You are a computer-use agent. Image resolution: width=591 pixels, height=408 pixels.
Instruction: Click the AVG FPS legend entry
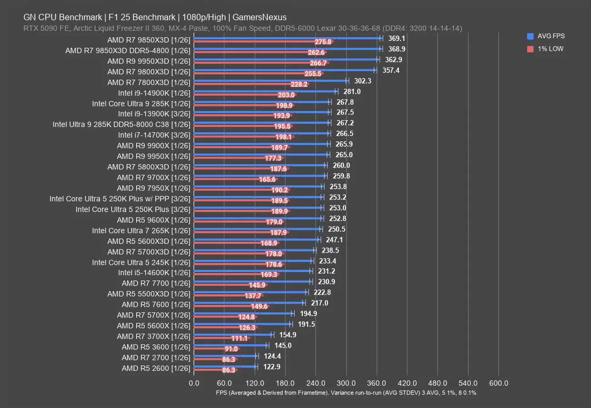[551, 36]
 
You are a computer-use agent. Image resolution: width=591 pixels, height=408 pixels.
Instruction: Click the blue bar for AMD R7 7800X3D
[271, 81]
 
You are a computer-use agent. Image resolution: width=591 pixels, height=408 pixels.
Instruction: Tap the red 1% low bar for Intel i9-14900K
[236, 95]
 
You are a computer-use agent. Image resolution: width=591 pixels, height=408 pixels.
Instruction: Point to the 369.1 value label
[397, 39]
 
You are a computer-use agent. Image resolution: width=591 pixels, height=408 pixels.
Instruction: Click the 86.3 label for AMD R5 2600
[229, 370]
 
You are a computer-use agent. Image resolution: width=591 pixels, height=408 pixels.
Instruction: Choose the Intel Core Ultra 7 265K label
[141, 231]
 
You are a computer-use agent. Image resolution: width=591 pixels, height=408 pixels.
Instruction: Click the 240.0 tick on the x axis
[315, 384]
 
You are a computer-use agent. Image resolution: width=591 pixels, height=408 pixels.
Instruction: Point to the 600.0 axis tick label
[498, 384]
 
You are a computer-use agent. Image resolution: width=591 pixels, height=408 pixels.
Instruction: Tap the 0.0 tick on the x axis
[194, 384]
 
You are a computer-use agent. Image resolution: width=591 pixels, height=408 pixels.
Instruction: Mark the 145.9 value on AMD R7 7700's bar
[257, 286]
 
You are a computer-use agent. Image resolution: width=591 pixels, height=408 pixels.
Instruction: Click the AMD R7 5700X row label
[153, 315]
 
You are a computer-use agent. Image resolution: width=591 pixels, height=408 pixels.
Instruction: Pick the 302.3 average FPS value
[363, 81]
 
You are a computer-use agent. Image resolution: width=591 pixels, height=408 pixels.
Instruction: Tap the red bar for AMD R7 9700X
[227, 180]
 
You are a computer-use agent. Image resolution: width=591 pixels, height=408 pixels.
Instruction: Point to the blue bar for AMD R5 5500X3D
[250, 292]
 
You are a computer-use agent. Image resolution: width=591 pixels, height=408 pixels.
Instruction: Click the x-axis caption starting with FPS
[346, 393]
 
